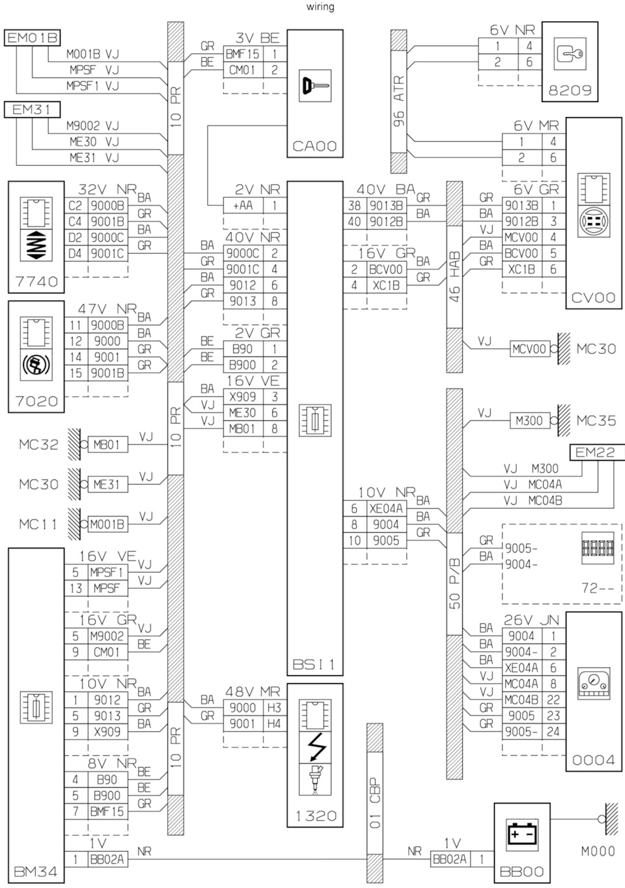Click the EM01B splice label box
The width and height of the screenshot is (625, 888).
(x=32, y=38)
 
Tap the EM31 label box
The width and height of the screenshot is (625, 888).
(x=32, y=109)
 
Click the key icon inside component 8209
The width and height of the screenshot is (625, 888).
(x=570, y=54)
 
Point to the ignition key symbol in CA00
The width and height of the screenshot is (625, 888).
(x=315, y=86)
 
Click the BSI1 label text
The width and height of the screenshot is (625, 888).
(x=314, y=664)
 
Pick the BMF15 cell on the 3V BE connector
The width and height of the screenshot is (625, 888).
(x=243, y=54)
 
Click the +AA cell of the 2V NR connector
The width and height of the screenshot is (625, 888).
(x=243, y=206)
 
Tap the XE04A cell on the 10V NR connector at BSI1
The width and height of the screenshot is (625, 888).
(x=386, y=508)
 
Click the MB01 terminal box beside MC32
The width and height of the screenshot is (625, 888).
(x=107, y=444)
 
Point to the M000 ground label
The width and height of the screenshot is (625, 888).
(x=598, y=851)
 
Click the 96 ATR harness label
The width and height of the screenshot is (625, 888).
(x=398, y=101)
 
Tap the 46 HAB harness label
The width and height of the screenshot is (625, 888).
(x=454, y=276)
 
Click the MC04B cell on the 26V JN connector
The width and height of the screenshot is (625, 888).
(x=521, y=700)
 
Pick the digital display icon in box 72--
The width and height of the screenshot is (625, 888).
(x=598, y=548)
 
